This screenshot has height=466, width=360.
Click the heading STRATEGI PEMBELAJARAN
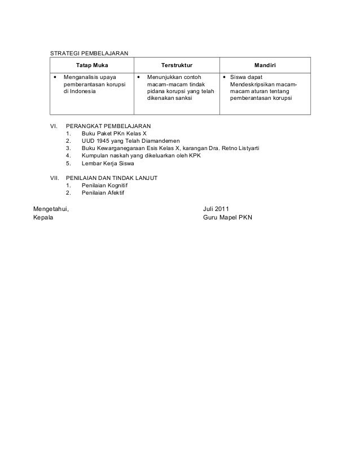coord(89,53)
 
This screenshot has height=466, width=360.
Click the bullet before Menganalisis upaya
coord(55,76)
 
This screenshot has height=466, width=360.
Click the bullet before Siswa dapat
coord(224,76)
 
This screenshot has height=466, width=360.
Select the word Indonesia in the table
coord(82,90)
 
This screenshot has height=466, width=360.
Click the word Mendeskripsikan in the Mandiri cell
coord(252,83)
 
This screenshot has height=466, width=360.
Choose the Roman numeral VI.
coord(55,126)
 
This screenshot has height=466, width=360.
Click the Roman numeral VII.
coord(55,178)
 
